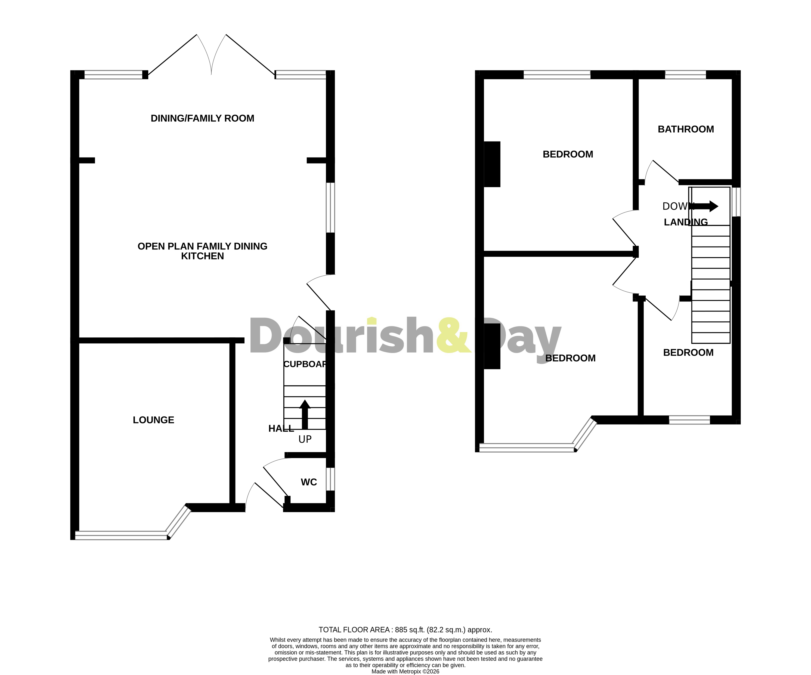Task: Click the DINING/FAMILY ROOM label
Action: click(x=202, y=118)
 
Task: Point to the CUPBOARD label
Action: click(x=305, y=364)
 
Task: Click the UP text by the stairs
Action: click(x=305, y=439)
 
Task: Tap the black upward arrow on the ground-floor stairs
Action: click(x=305, y=414)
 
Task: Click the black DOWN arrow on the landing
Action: click(x=706, y=206)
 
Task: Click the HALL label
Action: click(x=281, y=428)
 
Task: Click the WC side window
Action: click(x=330, y=479)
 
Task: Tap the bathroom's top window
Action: click(x=685, y=75)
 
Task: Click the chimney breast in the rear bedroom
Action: click(x=492, y=164)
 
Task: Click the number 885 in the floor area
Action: click(x=401, y=630)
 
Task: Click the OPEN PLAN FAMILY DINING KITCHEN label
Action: click(x=202, y=251)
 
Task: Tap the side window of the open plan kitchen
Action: click(x=330, y=208)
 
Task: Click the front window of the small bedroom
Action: click(x=689, y=420)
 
